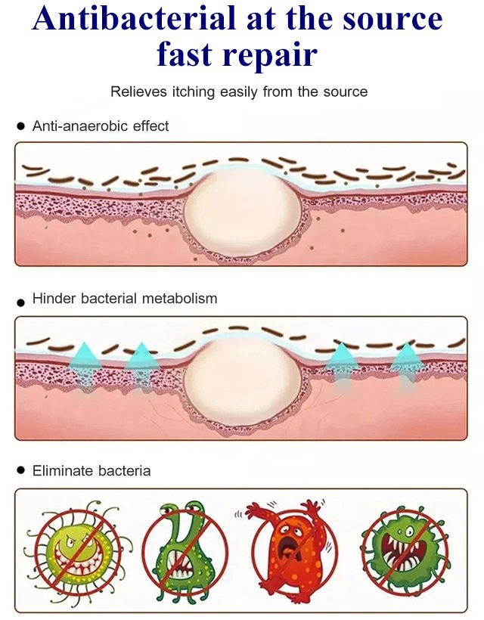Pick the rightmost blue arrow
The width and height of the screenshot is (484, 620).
[407, 363]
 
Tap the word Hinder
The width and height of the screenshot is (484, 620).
[53, 299]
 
